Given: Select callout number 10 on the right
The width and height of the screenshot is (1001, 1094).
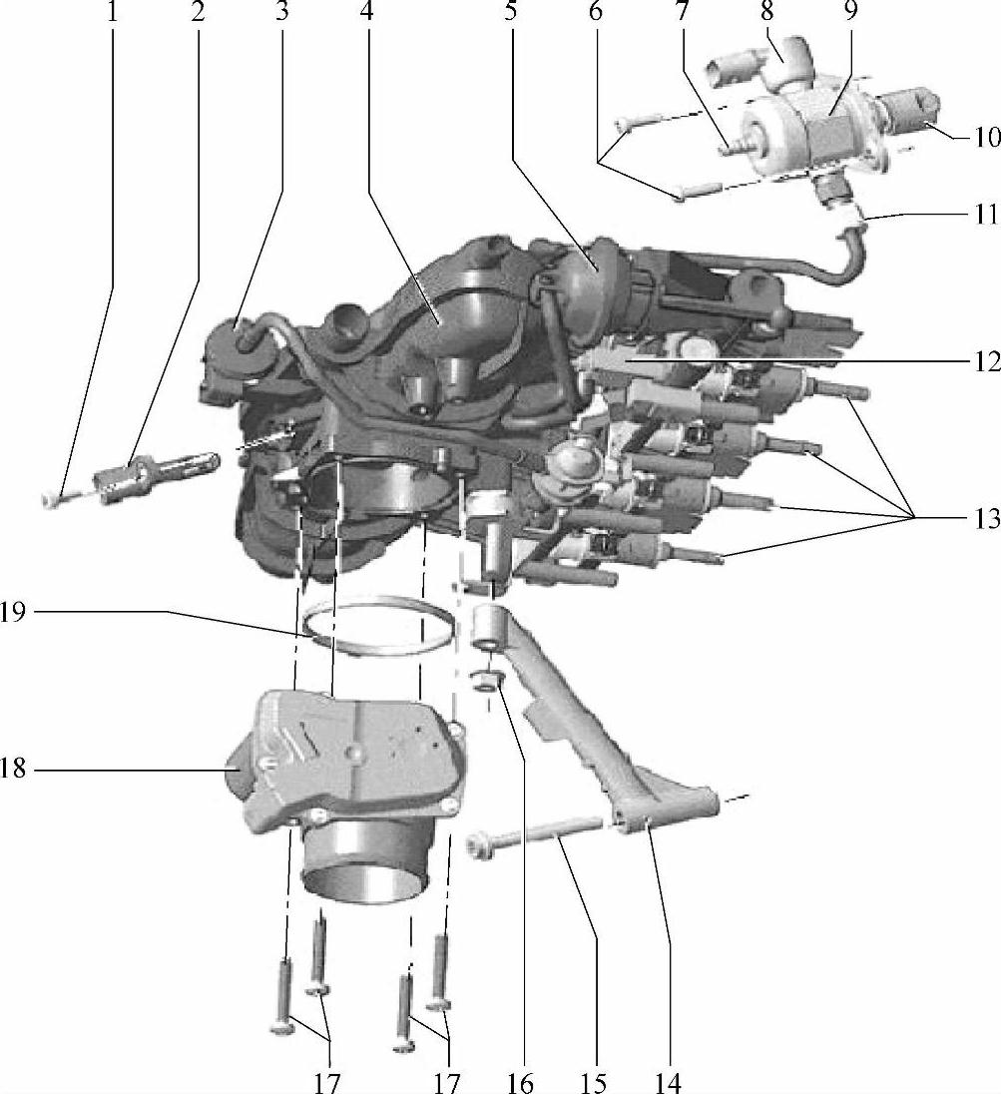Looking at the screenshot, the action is pos(986,137).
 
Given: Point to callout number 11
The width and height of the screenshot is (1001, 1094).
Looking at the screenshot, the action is pos(986,215).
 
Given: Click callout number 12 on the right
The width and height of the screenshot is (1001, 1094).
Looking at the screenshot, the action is pos(986,362).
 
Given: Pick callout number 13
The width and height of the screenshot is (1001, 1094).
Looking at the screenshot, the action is pos(986,519).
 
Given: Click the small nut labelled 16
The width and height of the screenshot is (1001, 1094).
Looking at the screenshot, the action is pos(489,681).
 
